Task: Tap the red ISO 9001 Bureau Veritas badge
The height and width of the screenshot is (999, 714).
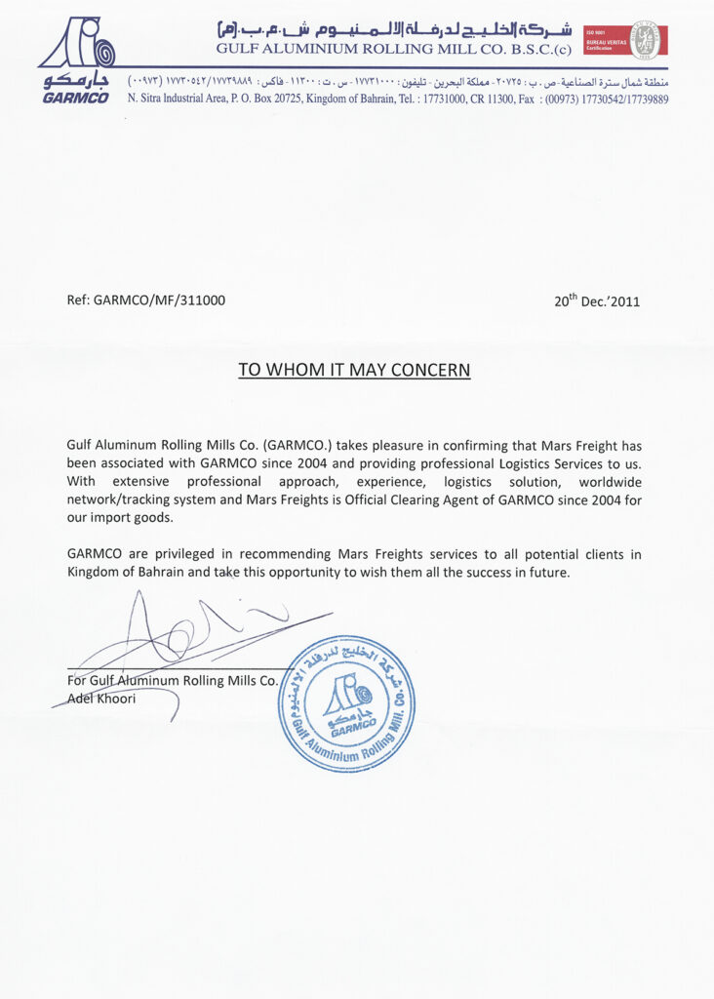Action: coord(622,40)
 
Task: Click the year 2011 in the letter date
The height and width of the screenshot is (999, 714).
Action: coord(624,301)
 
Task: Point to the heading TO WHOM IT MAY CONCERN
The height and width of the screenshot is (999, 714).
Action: coord(355,371)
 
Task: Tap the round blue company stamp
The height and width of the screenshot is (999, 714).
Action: coord(345,702)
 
